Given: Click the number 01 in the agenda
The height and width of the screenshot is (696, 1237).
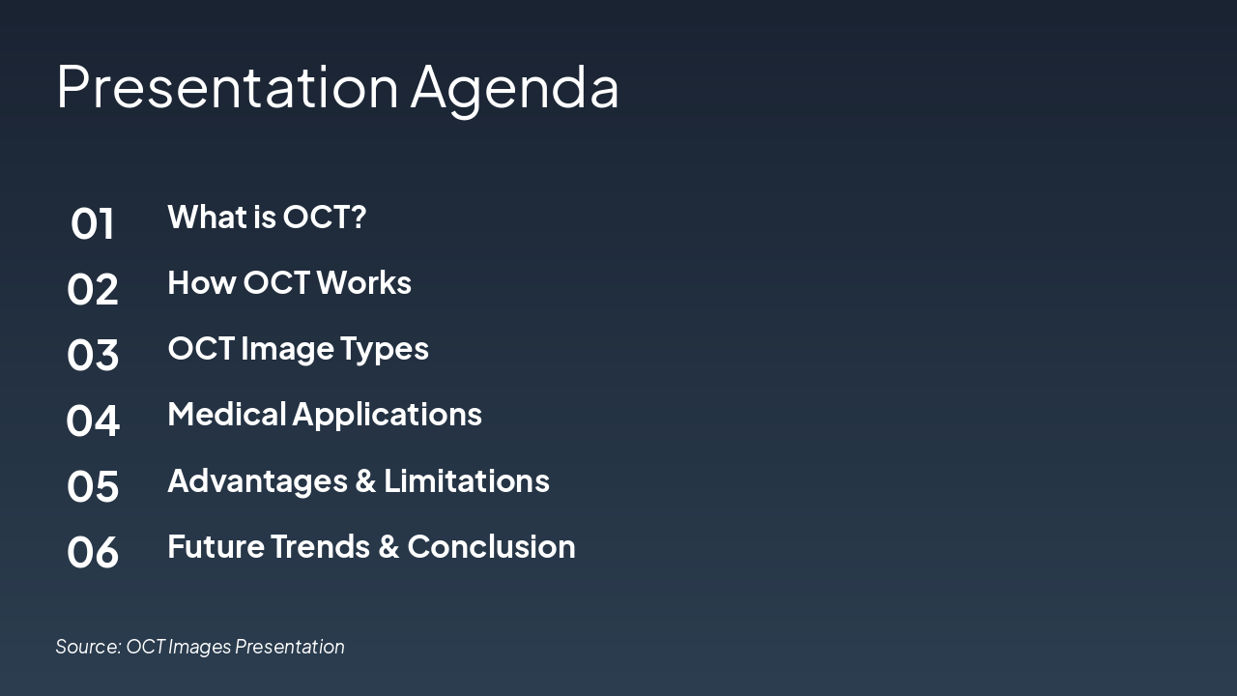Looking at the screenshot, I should (x=93, y=224).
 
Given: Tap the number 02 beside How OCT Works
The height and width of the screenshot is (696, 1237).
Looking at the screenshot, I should (x=93, y=290).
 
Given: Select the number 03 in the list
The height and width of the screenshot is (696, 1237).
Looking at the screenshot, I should (x=93, y=356).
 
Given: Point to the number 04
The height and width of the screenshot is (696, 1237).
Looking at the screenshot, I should (x=93, y=421).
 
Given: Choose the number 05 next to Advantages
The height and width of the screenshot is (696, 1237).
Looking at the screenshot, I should (x=93, y=486).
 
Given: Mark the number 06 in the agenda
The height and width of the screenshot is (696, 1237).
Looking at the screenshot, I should (x=93, y=552).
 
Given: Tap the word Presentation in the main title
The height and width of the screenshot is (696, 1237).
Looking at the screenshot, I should (x=227, y=87).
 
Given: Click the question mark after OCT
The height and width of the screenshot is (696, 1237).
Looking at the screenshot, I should (x=359, y=217).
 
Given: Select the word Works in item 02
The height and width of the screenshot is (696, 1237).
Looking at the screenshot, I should (x=363, y=283).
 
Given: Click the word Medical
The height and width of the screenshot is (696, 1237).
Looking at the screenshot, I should (x=227, y=415).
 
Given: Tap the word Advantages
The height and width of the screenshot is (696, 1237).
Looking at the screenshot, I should (x=267, y=481).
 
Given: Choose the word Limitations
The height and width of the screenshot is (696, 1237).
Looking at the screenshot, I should (x=467, y=480).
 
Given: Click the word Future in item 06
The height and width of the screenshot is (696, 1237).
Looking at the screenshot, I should (x=216, y=547).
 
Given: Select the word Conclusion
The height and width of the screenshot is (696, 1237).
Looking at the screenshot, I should (x=491, y=547).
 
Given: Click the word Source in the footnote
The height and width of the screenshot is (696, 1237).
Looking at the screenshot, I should (x=87, y=647).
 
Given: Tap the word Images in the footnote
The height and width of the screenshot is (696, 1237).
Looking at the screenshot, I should (x=200, y=647).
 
